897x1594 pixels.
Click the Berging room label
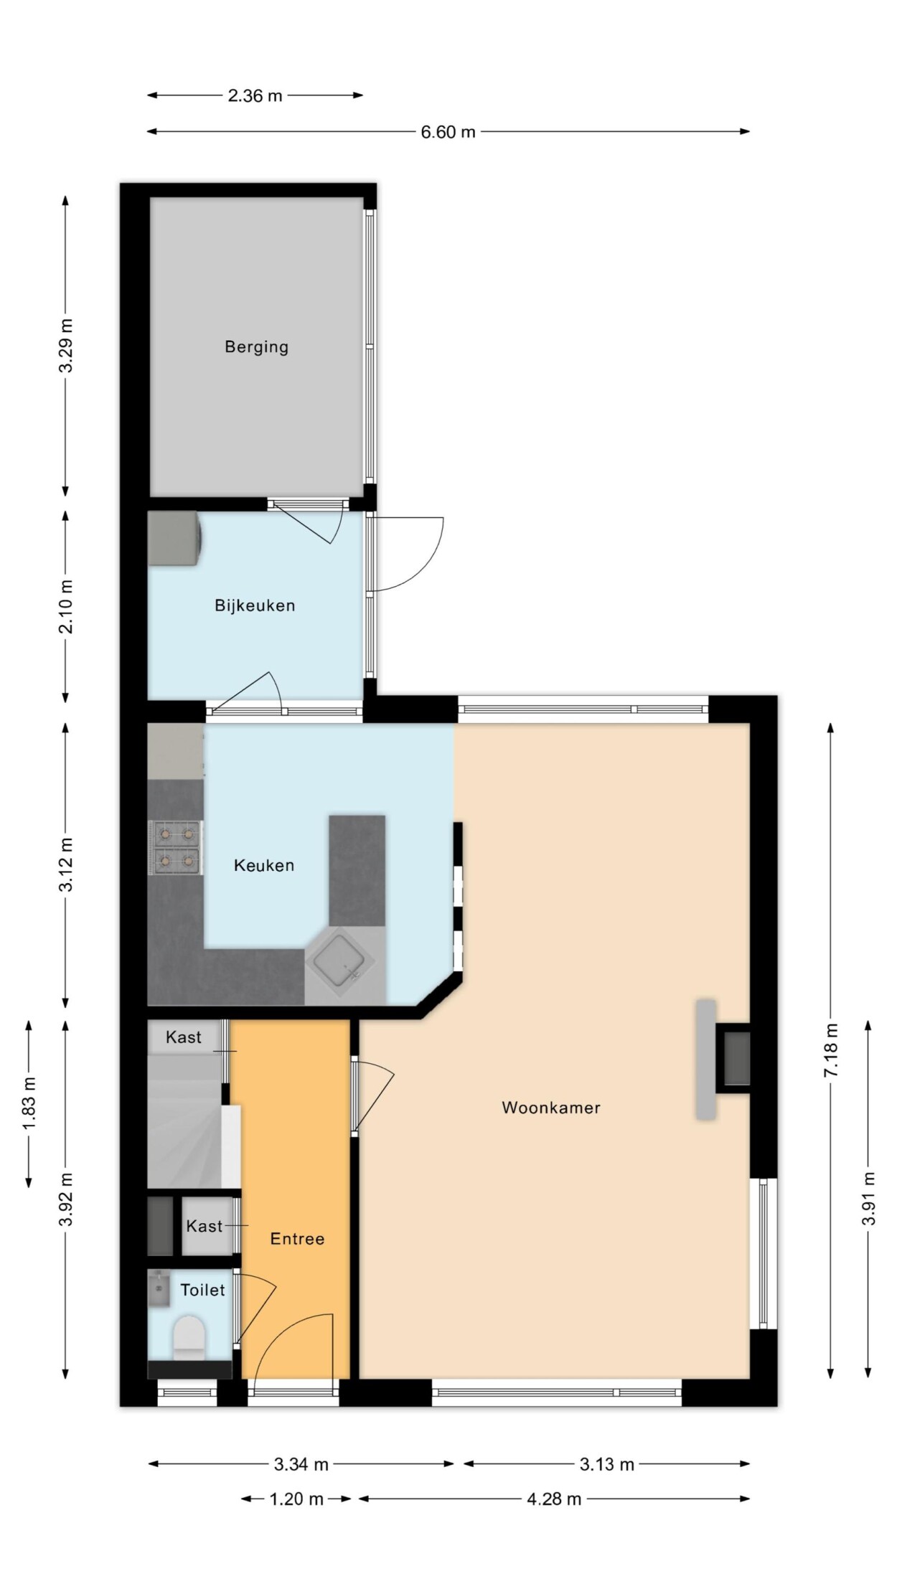coord(256,347)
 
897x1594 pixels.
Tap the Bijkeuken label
coord(255,605)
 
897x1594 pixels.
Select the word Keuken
coord(264,865)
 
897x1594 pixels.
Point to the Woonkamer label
coord(551,1107)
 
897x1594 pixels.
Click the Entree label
coord(297,1238)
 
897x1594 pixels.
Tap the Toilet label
coord(202,1290)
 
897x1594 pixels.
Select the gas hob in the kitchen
coord(175,847)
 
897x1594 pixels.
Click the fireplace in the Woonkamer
coord(723,1059)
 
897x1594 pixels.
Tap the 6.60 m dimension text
coord(448,133)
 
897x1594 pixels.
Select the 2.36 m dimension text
coord(255,95)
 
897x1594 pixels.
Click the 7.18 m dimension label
coord(831,1049)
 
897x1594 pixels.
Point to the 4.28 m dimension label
coord(554,1499)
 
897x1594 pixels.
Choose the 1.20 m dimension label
coord(296,1499)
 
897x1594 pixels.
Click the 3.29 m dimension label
coord(66,346)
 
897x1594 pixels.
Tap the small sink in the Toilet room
coord(159,1289)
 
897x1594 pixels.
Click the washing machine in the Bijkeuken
coord(174,537)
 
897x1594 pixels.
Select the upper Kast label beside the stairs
coord(184,1037)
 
